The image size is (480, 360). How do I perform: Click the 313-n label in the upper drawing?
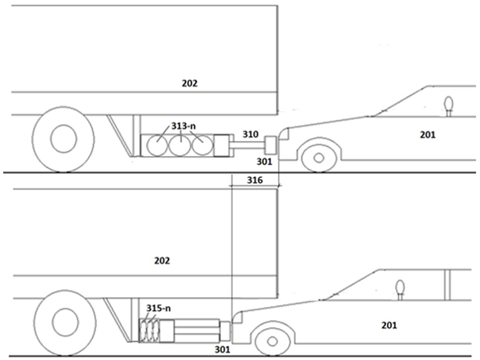pos(184,126)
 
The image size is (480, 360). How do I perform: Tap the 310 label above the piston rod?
pos(251,134)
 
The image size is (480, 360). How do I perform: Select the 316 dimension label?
pos(255,180)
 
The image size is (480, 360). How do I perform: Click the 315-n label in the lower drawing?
pos(158,308)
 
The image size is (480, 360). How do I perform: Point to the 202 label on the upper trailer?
pos(189,83)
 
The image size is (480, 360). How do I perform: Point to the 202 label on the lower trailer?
pos(162,260)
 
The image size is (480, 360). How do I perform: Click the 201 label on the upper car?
pos(428,135)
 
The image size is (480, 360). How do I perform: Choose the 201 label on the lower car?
pos(389,325)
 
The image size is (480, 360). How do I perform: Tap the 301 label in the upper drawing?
pos(264,162)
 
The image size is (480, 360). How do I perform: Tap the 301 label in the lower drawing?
pos(222,349)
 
